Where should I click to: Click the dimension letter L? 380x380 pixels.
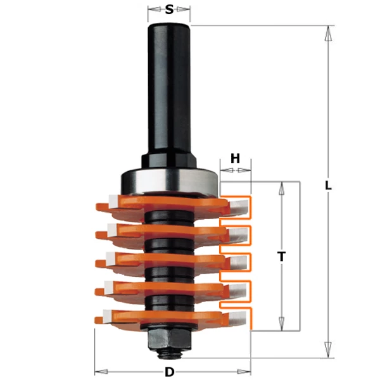click(327, 186)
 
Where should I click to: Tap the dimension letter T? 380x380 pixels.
click(282, 256)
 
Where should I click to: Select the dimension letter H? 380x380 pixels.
click(235, 159)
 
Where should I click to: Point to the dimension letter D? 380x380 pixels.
click(169, 372)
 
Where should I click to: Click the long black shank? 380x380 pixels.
click(169, 89)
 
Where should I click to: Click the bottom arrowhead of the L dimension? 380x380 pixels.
click(327, 350)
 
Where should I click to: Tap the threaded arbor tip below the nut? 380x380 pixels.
click(169, 350)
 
